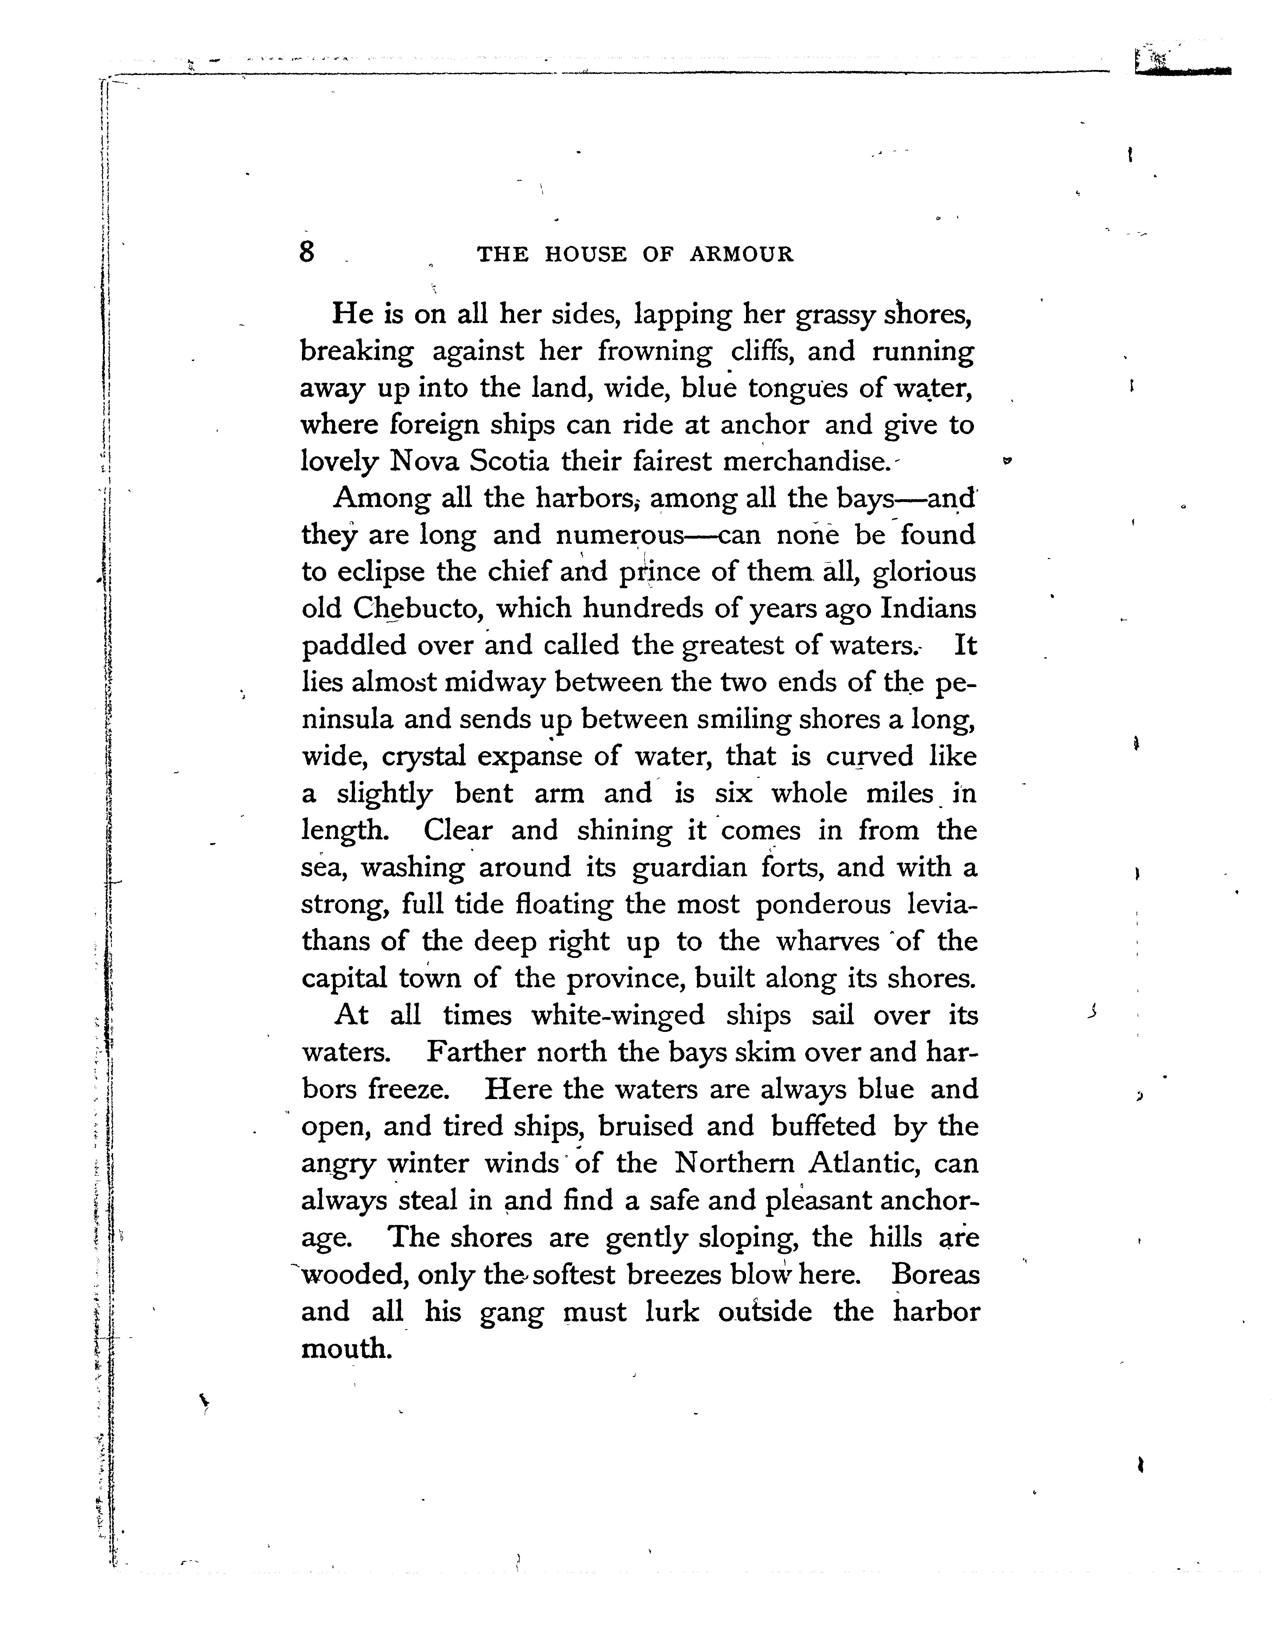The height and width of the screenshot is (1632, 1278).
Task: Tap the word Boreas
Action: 935,1274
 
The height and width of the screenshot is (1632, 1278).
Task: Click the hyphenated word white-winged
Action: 618,1015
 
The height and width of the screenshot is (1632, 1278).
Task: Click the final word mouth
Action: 347,1348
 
